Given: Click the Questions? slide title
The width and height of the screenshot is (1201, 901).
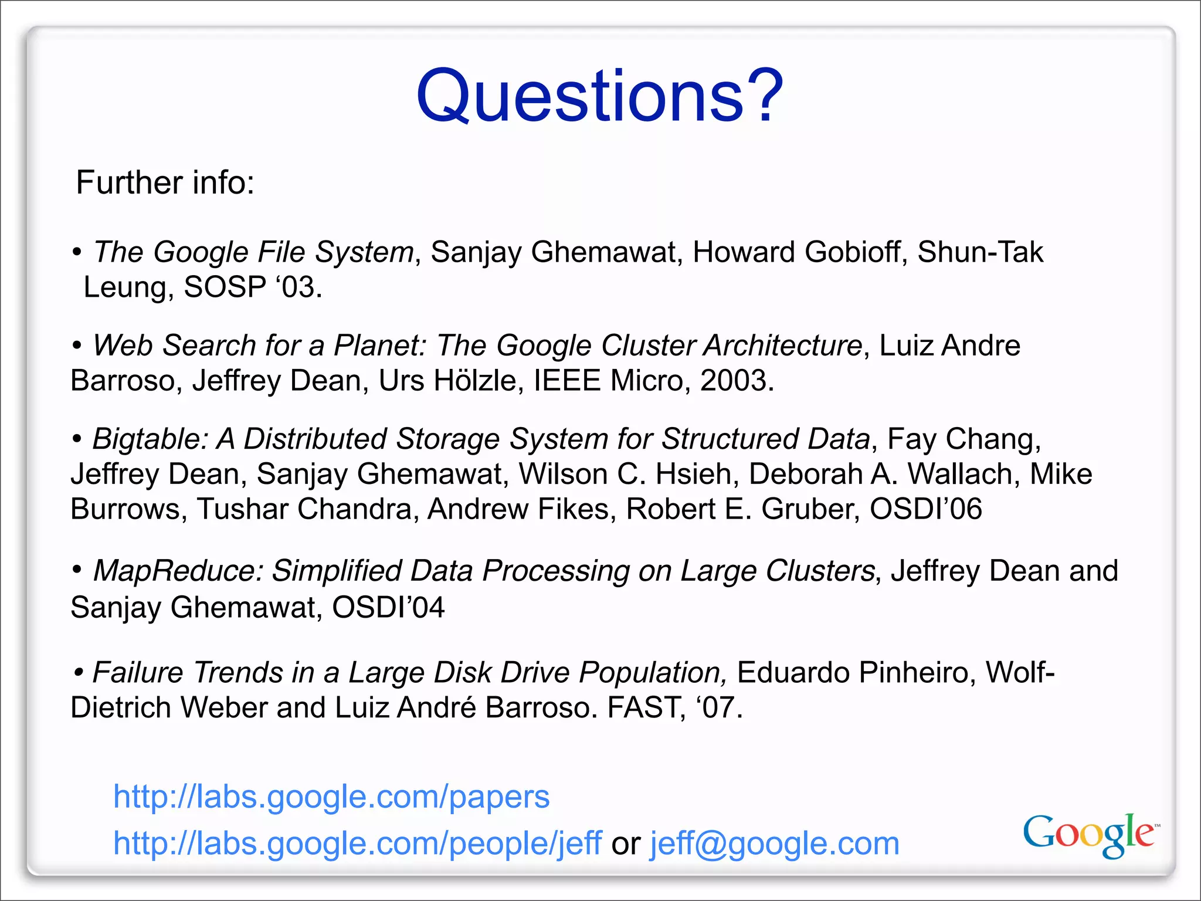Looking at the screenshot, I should pos(599,96).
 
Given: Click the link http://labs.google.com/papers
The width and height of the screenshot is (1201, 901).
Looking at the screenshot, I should pos(331,797).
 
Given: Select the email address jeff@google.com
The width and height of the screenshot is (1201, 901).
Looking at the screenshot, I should pos(774,844).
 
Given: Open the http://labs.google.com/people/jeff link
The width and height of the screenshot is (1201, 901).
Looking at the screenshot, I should pos(357,844).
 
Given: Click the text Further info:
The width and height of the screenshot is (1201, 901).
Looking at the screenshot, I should pos(165,182).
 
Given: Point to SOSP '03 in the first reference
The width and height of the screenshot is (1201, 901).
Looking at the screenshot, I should pos(252,287).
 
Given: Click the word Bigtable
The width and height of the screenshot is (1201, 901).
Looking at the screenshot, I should pos(147,439).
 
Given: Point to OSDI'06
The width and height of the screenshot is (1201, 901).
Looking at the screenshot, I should pos(925,509).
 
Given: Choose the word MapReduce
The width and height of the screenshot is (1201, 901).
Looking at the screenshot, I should pos(176,571).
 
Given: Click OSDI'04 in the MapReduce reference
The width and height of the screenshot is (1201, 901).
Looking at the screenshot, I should pos(388,607).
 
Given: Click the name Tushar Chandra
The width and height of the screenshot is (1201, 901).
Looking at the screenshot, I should pos(304,509).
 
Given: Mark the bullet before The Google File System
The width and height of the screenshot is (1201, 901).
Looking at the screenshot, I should pos(77,253).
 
